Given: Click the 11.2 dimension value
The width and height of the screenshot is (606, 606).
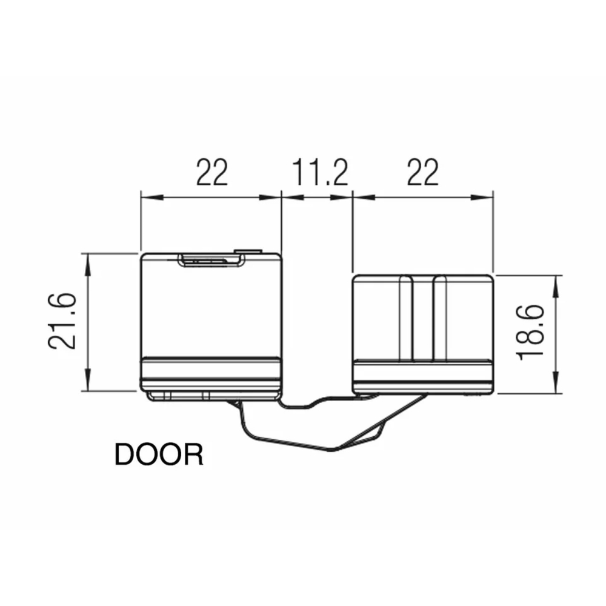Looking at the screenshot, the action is click(320, 172).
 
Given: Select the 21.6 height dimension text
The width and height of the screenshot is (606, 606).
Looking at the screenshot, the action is click(62, 322).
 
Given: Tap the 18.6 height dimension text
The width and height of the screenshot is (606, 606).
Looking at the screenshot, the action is click(530, 332).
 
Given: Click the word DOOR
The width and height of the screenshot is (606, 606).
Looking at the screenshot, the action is click(159, 454).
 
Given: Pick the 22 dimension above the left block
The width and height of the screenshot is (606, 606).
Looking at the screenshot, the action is click(211, 172).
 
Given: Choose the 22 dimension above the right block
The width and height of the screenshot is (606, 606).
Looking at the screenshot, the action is click(422, 172).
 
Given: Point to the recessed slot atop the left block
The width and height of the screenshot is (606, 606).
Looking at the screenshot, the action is click(211, 261).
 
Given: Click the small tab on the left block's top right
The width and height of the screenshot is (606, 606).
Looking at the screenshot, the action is click(248, 251).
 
